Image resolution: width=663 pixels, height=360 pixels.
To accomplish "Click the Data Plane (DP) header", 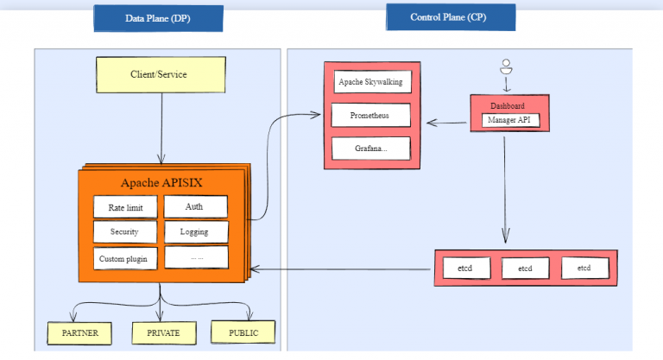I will [x=158, y=18].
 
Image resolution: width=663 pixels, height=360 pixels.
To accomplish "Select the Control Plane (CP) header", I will [x=450, y=16].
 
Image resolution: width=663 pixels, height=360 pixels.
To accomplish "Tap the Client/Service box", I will [x=161, y=74].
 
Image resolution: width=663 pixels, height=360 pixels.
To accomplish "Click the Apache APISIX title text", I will [x=161, y=182].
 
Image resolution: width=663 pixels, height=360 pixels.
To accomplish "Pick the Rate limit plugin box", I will [x=125, y=207].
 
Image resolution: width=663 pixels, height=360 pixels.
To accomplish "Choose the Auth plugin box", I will [x=194, y=206].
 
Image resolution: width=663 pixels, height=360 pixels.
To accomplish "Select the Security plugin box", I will [x=125, y=232].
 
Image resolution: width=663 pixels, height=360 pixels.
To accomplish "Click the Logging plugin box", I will [x=194, y=232].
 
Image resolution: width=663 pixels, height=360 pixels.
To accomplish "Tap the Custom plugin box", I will [x=125, y=258].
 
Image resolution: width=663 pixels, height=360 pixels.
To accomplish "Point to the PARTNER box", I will [x=79, y=332].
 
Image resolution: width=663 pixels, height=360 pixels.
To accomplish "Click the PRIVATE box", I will [x=161, y=332].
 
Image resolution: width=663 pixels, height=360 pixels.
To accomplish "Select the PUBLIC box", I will [x=243, y=332].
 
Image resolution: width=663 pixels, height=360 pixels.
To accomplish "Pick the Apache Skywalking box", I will [x=370, y=83].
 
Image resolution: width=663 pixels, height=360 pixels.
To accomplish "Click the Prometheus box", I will [x=370, y=115].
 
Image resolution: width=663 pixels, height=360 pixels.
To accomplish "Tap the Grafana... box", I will [x=370, y=148].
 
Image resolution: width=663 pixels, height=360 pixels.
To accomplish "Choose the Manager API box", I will [x=510, y=120].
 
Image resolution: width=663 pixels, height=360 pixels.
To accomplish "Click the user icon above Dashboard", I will [x=507, y=66].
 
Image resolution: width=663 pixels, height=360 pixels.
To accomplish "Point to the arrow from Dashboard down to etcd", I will [x=505, y=190].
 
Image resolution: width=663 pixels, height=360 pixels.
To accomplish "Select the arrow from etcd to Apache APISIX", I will [x=345, y=269].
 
